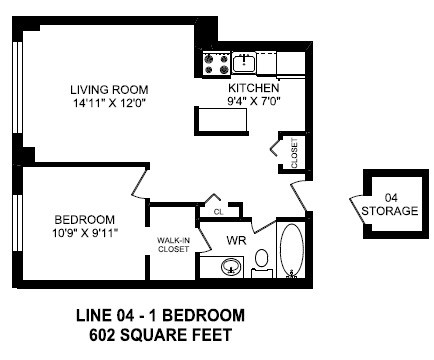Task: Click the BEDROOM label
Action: pos(84,219)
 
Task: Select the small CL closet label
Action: pos(216,211)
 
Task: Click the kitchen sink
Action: pos(246,64)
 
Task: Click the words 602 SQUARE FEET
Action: pos(160,336)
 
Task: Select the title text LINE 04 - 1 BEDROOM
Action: pos(160,317)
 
